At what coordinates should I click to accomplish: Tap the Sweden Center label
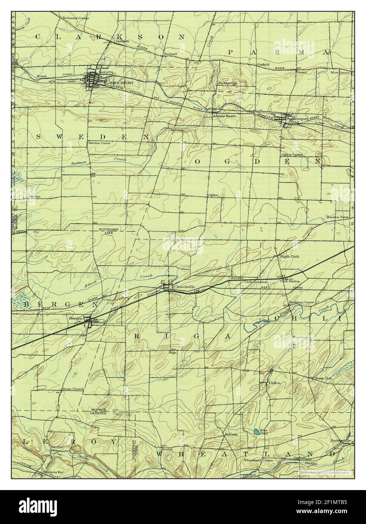pyautogui.click(x=99, y=143)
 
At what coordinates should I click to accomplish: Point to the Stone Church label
pyautogui.click(x=73, y=388)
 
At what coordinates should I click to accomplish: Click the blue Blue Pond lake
pyautogui.click(x=256, y=431)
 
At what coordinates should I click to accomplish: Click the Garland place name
pyautogui.click(x=170, y=54)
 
